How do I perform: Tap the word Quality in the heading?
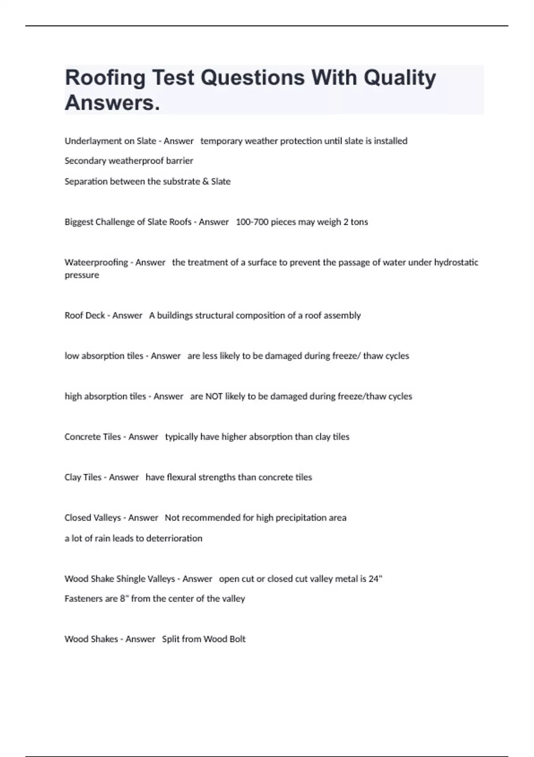pos(400,78)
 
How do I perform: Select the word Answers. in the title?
pos(112,103)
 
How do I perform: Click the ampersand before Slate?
pos(205,182)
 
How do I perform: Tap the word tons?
pos(359,222)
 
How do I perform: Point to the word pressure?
pos(82,275)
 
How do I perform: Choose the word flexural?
pos(181,477)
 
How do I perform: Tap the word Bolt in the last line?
pos(237,639)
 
